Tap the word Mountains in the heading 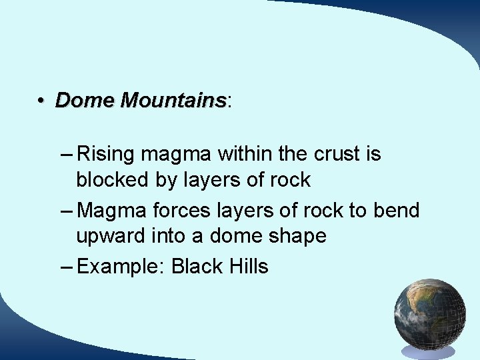174,101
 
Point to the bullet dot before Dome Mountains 41,101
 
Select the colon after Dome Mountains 229,102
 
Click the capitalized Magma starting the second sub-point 112,211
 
